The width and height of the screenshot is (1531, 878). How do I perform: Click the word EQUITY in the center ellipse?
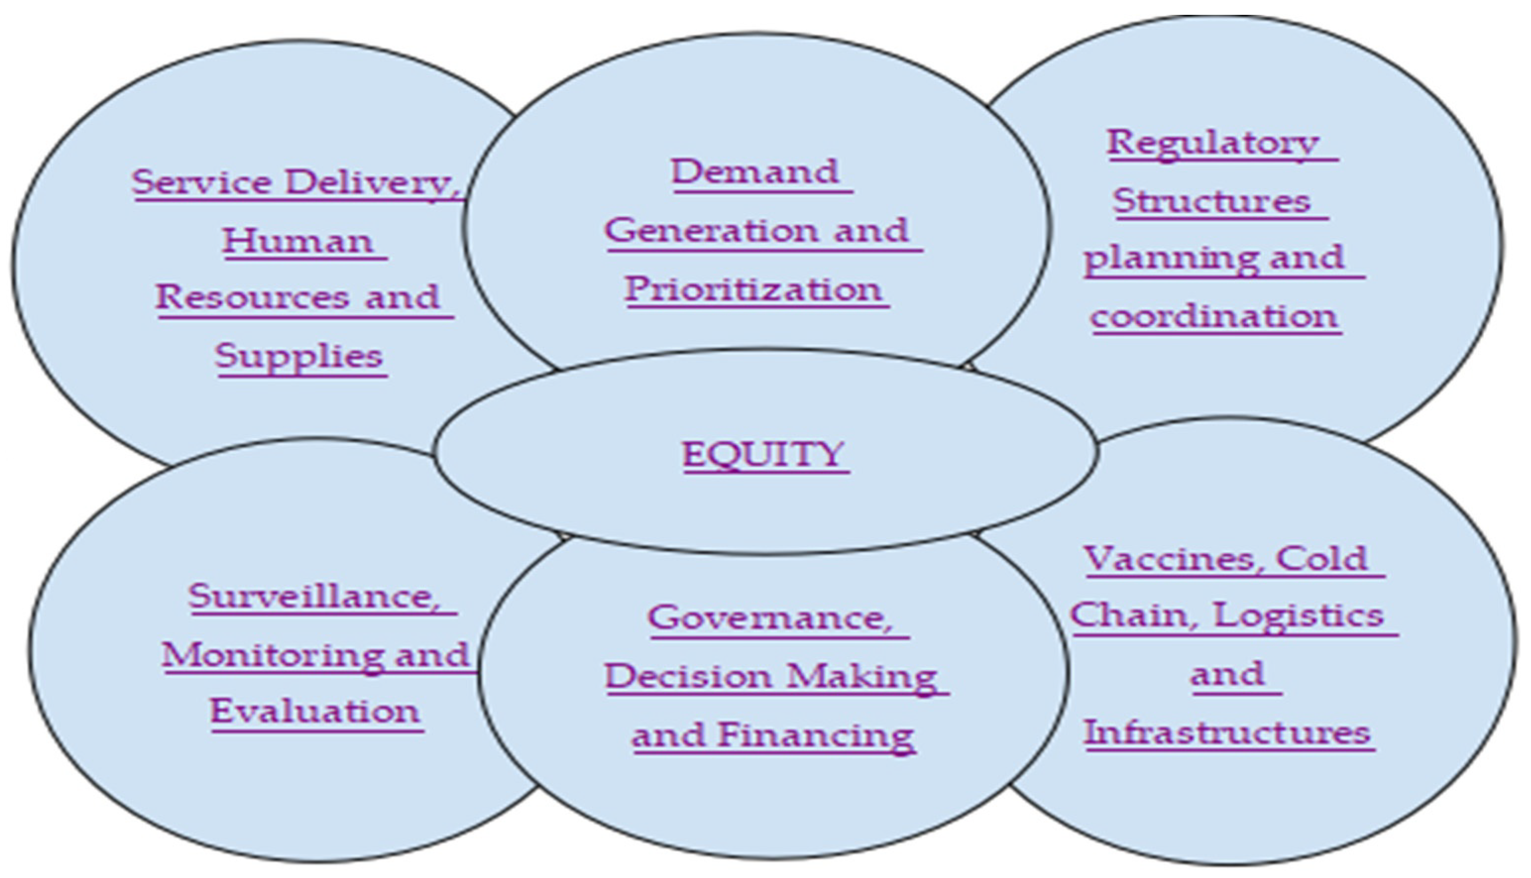coord(764,454)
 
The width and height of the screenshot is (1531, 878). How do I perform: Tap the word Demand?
coord(755,172)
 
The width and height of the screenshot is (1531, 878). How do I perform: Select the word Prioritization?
coord(754,289)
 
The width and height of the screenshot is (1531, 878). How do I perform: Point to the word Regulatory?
coord(1212,143)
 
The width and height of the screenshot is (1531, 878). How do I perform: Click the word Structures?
coord(1211,201)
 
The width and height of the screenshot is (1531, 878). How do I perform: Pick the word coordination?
coord(1214,316)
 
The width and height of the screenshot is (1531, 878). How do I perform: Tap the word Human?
coord(298,241)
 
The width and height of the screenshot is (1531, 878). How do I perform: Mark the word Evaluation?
coord(315,712)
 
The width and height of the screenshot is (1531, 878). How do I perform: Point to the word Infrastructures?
coord(1227,733)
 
